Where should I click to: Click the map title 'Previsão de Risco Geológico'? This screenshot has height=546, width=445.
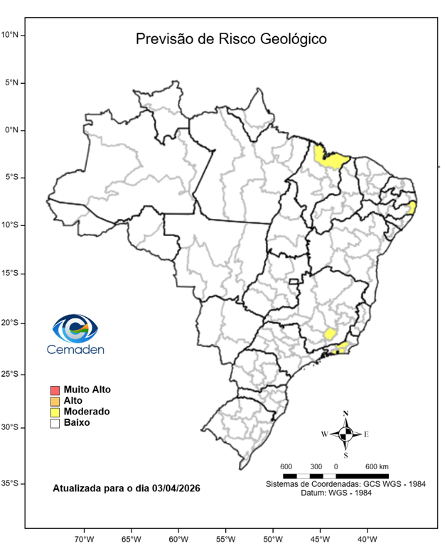pyautogui.click(x=231, y=39)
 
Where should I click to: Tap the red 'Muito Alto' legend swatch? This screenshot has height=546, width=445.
pyautogui.click(x=55, y=390)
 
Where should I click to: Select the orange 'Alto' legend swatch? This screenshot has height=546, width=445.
pyautogui.click(x=55, y=401)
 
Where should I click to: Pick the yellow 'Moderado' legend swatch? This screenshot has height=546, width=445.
pyautogui.click(x=55, y=412)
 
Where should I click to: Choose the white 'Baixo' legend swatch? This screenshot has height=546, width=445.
pyautogui.click(x=55, y=423)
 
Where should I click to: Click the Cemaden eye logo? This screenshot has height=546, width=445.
pyautogui.click(x=75, y=328)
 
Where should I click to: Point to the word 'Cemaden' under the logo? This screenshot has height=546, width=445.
pyautogui.click(x=75, y=349)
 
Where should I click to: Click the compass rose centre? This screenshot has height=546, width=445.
pyautogui.click(x=345, y=433)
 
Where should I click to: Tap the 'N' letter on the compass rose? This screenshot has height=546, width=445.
pyautogui.click(x=345, y=413)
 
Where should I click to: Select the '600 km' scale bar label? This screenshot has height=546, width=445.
pyautogui.click(x=377, y=466)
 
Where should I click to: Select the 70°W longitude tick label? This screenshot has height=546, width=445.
pyautogui.click(x=85, y=538)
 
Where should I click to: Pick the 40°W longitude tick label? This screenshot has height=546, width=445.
pyautogui.click(x=367, y=538)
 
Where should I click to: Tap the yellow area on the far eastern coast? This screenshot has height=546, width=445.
pyautogui.click(x=412, y=207)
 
